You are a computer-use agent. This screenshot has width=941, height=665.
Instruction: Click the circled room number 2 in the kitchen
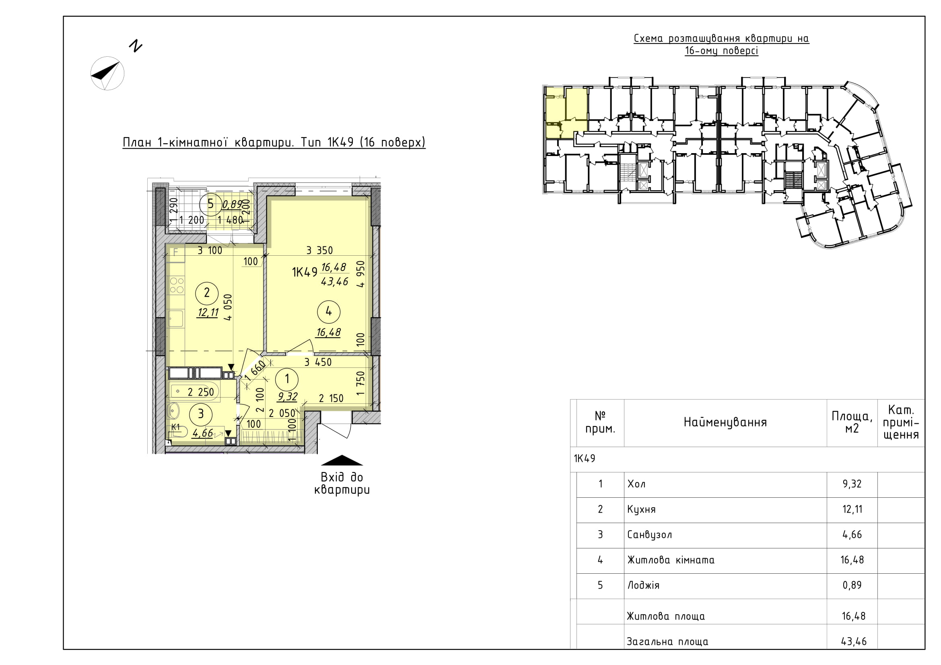[206, 292]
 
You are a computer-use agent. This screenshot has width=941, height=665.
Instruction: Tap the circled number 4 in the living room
[329, 312]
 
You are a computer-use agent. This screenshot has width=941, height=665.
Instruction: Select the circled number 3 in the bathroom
[201, 414]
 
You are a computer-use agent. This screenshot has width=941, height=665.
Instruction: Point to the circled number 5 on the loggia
[211, 203]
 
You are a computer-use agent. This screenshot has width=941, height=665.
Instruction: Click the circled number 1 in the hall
[287, 379]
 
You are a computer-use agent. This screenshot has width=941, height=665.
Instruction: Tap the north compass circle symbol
[107, 73]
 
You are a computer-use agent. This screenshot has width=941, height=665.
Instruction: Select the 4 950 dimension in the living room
[360, 274]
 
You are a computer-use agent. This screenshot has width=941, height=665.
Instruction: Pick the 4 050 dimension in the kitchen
[229, 307]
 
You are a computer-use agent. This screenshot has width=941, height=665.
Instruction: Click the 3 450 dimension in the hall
[318, 362]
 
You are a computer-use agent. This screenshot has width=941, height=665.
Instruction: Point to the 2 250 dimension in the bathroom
[201, 392]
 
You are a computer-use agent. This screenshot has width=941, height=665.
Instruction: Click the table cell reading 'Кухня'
[641, 509]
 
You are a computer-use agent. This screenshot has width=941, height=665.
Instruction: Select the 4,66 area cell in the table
[852, 535]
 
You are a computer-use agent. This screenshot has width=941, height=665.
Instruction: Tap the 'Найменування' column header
[725, 423]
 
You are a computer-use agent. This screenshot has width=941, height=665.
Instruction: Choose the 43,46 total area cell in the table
[854, 641]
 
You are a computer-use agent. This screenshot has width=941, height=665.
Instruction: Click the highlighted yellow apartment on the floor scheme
[566, 112]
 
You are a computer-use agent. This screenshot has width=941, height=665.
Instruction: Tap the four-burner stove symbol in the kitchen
[177, 285]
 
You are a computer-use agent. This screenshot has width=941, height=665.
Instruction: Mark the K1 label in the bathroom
[175, 427]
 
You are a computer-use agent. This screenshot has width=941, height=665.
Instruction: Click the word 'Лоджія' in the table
[643, 585]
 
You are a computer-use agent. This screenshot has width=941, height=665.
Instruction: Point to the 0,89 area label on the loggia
[233, 204]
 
